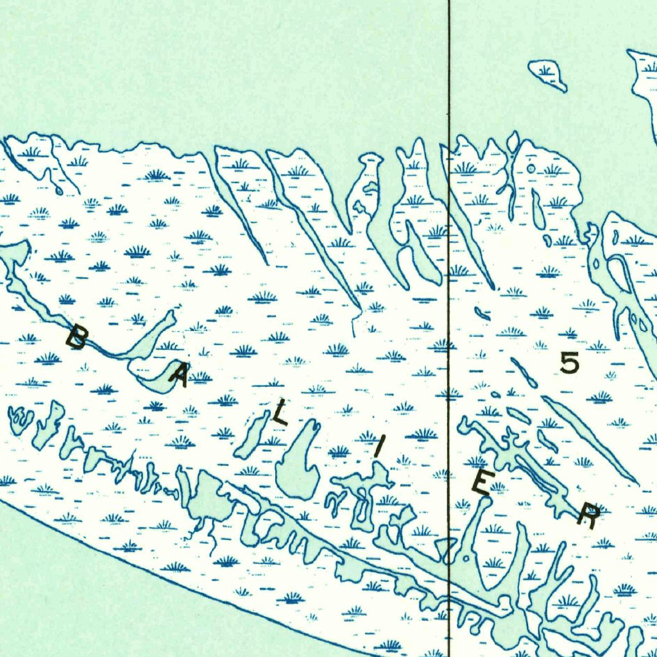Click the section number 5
(x=569, y=363)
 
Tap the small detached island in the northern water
(x=547, y=74)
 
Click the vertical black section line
(x=448, y=96)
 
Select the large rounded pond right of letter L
(x=299, y=465)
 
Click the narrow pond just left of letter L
(x=253, y=436)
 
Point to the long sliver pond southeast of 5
(x=590, y=440)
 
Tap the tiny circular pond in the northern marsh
(x=531, y=168)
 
